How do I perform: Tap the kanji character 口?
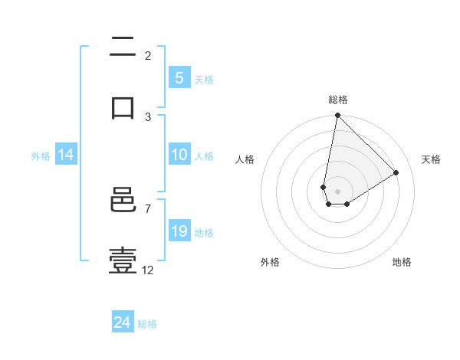[x=123, y=107]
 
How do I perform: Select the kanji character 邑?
[x=123, y=202]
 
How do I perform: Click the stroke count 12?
[x=148, y=270]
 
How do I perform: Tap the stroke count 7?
[x=147, y=208]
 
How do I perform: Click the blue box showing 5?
[x=179, y=78]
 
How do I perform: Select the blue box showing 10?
[x=179, y=155]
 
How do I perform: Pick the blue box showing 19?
[x=179, y=231]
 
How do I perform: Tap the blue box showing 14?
[x=65, y=155]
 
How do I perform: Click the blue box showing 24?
[x=122, y=322]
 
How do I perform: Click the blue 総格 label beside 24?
[x=147, y=324]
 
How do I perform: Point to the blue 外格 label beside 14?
[x=41, y=156]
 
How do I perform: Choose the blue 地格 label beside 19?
[x=204, y=233]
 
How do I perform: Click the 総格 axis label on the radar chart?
[x=338, y=100]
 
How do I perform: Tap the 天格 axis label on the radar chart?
[x=431, y=159]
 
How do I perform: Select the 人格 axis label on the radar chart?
[x=245, y=159]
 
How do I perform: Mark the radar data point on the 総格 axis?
[x=337, y=116]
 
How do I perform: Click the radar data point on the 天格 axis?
[x=396, y=173]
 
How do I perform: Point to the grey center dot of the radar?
[x=337, y=191]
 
